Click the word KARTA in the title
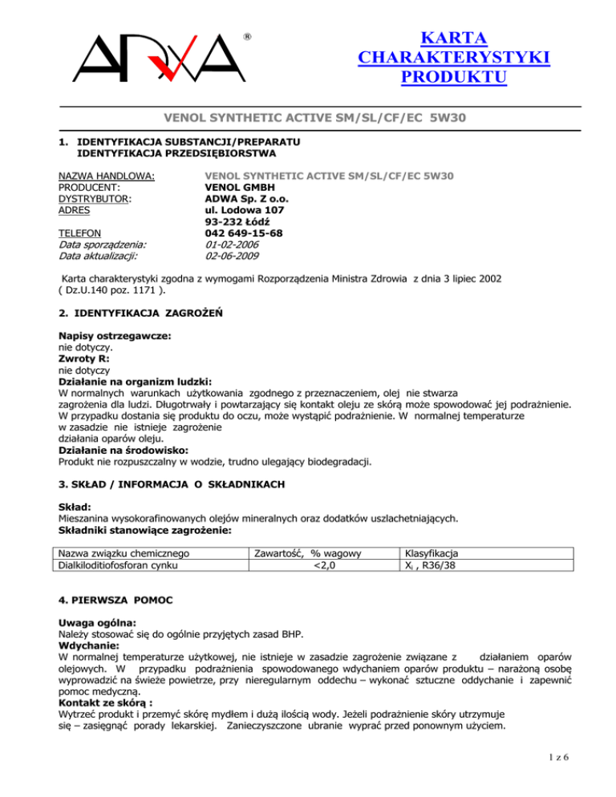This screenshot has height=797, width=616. point(455,38)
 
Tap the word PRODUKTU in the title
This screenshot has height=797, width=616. point(455,79)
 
